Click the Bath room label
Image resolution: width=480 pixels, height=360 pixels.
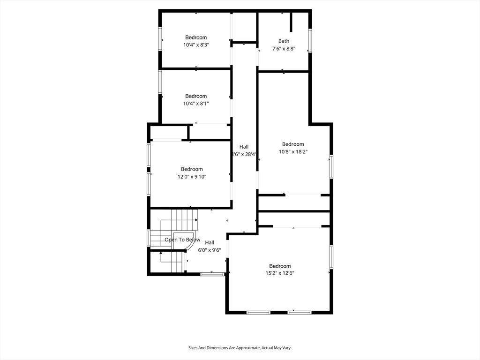pos(284,41)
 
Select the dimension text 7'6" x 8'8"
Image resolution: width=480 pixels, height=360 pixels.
pos(284,48)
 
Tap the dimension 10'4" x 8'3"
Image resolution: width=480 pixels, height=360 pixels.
pos(196,45)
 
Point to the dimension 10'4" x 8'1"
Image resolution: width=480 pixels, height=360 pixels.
pos(196,104)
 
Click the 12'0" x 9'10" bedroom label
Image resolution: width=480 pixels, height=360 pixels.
pos(192,177)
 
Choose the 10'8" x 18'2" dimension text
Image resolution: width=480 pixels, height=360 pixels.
pos(293,151)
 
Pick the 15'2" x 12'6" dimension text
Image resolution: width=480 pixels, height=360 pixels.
pos(280,273)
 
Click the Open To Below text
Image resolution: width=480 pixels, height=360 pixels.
pos(182,240)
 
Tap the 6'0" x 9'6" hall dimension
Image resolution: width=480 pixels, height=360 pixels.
pos(210,250)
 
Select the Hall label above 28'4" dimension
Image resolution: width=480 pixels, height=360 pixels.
pos(244,147)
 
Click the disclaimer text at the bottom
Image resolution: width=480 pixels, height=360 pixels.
pos(240,348)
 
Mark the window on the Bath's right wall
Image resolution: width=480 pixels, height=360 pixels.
pos(310,40)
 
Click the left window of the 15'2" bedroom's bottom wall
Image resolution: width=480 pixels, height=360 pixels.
pos(258,313)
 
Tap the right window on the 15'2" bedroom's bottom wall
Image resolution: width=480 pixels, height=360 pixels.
pos(300,313)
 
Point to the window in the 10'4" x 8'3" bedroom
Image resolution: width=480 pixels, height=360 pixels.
pos(160,38)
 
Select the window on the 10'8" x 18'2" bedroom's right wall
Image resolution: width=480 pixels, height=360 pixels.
pos(331,166)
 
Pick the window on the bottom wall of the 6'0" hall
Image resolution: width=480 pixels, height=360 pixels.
pos(212,274)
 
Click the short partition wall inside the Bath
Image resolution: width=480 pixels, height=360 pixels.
pos(292,22)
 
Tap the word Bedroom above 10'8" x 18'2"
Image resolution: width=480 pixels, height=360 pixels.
pos(293,144)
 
